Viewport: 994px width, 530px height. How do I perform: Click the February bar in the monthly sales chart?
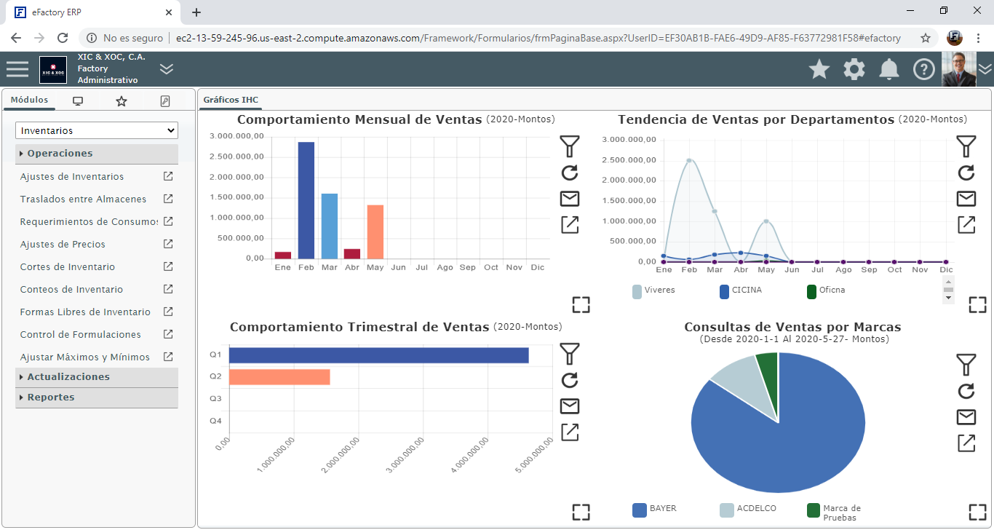(306, 200)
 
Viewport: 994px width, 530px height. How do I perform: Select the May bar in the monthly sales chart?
(375, 232)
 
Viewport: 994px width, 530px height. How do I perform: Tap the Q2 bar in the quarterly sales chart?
(279, 377)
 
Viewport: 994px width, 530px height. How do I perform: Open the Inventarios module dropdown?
(97, 131)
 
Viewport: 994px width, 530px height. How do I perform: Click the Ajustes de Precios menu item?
(63, 245)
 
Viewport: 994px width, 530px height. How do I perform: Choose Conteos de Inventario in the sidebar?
(71, 290)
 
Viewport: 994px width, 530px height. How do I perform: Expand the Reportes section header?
(51, 397)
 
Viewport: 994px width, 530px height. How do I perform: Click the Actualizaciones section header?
(68, 377)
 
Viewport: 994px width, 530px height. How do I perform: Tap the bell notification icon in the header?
(888, 69)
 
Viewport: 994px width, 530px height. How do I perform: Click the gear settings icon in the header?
(854, 69)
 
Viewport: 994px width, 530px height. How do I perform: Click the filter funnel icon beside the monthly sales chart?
(570, 146)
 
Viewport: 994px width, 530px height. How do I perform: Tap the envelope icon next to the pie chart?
(966, 417)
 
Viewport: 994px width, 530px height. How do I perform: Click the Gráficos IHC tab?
(231, 100)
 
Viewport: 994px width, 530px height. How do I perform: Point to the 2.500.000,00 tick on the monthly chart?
(236, 157)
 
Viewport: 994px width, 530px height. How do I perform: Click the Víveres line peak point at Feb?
(689, 160)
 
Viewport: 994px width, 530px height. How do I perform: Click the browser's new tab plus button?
(196, 12)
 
